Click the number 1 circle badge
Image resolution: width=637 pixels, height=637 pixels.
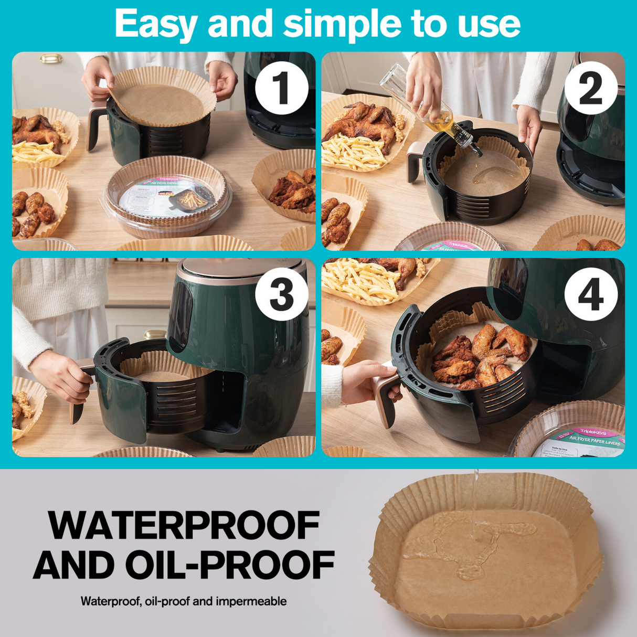(281, 87)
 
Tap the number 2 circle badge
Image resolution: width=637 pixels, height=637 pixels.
(590, 87)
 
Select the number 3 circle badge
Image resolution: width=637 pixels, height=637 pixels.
(281, 294)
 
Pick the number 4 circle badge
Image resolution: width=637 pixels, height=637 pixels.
(590, 294)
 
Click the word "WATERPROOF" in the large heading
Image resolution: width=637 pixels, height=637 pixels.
(184, 526)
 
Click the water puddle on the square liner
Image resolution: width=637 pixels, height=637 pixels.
(472, 543)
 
